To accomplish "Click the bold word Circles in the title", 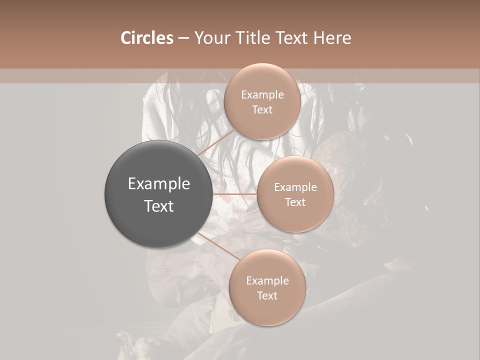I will tap(146, 38).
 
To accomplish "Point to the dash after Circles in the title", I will tap(183, 38).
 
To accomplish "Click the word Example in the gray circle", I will tap(159, 184).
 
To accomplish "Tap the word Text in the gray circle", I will tap(159, 206).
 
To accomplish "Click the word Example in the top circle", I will tap(262, 94).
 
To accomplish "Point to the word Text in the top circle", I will tap(262, 109).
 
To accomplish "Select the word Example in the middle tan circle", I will tap(295, 187).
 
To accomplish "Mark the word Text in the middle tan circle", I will tap(295, 202).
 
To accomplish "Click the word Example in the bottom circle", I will tap(267, 280).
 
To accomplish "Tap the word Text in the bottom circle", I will tap(267, 295).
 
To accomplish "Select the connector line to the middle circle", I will tap(234, 194).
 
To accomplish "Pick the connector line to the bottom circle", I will tap(218, 246).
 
